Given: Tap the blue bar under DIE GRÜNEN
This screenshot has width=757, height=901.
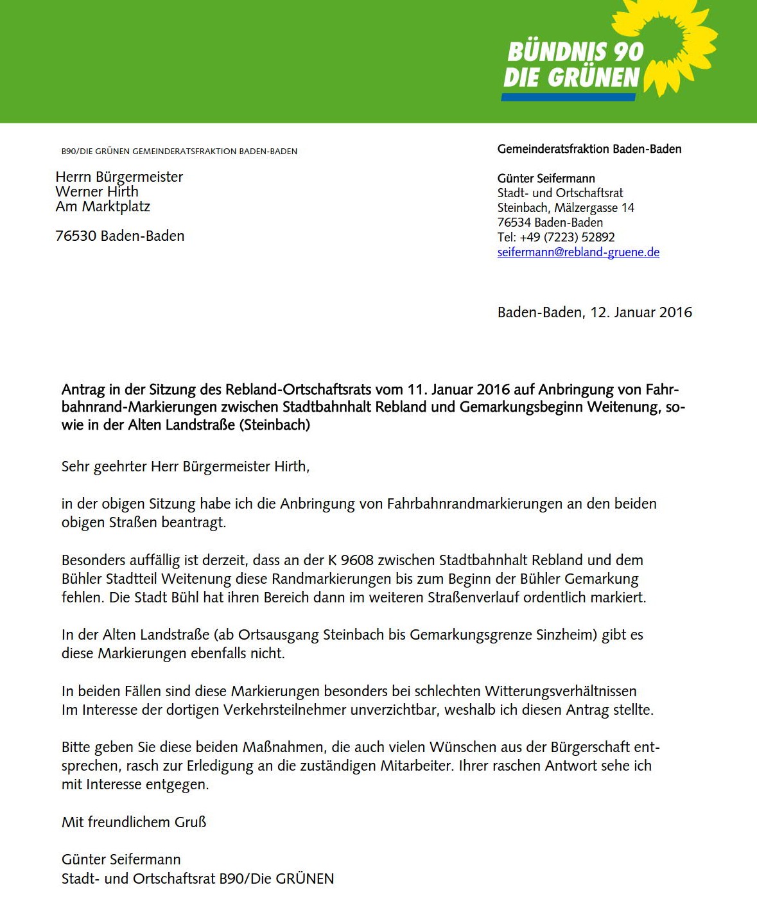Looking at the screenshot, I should tap(568, 98).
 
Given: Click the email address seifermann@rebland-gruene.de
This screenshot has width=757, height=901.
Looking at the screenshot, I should tap(578, 252).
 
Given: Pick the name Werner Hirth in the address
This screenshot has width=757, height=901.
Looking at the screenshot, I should tap(97, 191).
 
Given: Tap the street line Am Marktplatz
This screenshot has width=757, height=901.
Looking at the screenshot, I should tap(103, 206).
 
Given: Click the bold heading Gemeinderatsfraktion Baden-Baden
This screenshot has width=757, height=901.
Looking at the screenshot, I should tap(589, 149).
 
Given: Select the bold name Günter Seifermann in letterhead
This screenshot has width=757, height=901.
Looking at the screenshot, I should tap(546, 179).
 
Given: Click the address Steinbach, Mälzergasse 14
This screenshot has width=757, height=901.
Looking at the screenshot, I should tap(565, 207).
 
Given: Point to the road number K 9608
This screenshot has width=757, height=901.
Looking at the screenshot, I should tap(351, 560).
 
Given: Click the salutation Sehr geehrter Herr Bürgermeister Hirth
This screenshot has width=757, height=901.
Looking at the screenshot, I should tap(185, 467).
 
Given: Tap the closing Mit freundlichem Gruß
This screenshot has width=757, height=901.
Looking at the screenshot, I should tap(134, 822).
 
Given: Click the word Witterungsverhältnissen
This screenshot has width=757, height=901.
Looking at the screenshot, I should tap(561, 692).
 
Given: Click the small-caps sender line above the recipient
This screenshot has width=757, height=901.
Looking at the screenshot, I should tap(179, 152).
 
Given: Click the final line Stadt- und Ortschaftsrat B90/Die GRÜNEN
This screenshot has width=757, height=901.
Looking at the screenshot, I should tap(198, 879).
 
